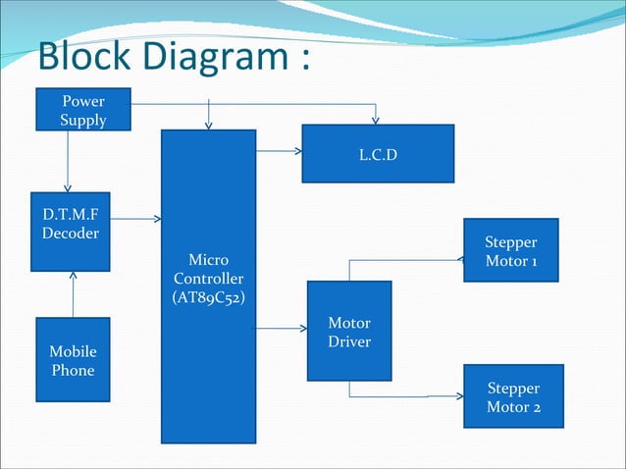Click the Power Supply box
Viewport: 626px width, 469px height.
[x=83, y=110]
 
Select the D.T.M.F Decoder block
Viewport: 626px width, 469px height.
[x=70, y=231]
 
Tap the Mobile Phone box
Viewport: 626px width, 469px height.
[x=73, y=359]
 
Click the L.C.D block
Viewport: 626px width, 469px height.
[x=378, y=153]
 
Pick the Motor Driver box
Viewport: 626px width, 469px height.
[x=349, y=331]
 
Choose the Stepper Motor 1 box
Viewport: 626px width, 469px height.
[x=510, y=249]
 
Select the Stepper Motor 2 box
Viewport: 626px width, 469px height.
[x=513, y=395]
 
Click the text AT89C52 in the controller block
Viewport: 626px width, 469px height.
[x=208, y=296]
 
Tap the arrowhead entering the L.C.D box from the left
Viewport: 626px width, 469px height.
[x=296, y=151]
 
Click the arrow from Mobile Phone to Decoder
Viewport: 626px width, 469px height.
[x=73, y=294]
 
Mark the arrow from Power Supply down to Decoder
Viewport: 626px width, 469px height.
[x=68, y=161]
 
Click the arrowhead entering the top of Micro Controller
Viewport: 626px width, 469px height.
[x=208, y=125]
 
